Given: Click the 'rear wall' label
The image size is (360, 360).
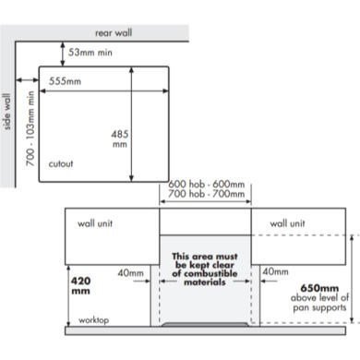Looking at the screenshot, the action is (x=114, y=33).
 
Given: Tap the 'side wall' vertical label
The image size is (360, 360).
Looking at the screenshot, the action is (x=6, y=112).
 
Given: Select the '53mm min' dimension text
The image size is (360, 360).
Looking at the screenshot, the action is (x=90, y=53).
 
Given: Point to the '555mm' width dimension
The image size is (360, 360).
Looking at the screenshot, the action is (x=65, y=81).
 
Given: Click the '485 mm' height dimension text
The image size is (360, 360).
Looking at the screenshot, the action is (x=120, y=138).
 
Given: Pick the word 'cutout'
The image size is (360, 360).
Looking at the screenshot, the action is (x=61, y=163).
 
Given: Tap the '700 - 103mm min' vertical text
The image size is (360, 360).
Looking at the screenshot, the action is (x=30, y=128).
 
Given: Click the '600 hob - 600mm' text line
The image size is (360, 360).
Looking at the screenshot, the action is (x=207, y=185).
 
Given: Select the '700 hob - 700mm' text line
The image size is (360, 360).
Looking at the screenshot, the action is (x=207, y=194).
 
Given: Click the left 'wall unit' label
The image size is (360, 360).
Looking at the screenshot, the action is (x=95, y=223).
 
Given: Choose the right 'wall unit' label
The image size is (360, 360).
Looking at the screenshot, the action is (x=287, y=223).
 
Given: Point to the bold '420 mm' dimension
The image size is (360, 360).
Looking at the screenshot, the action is (x=81, y=285).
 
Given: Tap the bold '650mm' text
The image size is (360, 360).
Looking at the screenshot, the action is (x=319, y=288).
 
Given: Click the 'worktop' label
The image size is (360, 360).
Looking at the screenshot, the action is (x=93, y=320).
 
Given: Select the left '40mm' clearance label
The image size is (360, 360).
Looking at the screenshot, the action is (x=130, y=273).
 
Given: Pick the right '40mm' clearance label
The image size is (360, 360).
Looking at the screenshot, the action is (x=275, y=271).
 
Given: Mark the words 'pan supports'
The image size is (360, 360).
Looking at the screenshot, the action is (x=319, y=307).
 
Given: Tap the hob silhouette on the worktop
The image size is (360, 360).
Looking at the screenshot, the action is (x=205, y=324).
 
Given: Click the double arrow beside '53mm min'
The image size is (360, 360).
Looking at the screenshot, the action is (x=63, y=54).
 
